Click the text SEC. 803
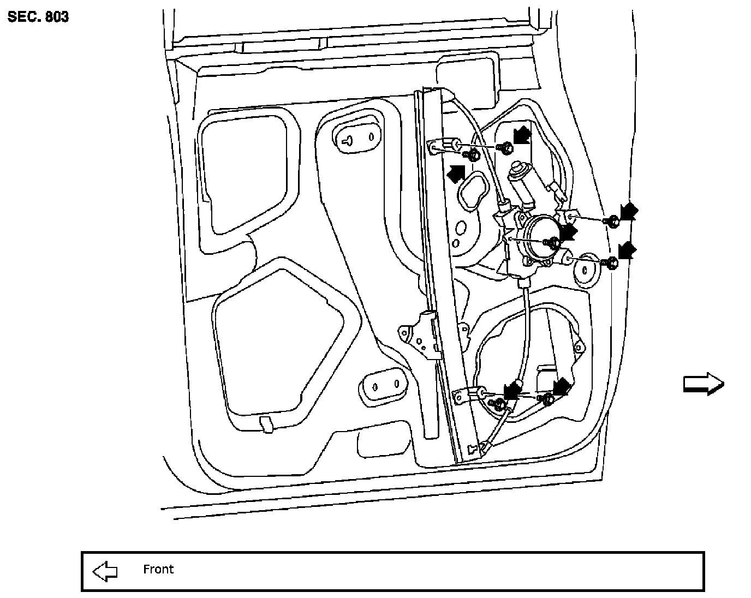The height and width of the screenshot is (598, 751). point(38,17)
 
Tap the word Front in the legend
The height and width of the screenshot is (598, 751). point(158,570)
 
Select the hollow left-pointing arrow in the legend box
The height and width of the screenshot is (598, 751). point(105,571)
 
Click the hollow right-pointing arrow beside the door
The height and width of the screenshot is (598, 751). point(704,384)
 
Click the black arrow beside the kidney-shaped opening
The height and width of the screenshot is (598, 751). point(456,174)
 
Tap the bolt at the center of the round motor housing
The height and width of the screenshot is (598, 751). point(552,242)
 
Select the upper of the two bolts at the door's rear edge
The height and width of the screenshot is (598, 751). point(612,221)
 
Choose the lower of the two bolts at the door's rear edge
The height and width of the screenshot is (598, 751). point(612,264)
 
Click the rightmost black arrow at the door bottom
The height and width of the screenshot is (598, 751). point(561,386)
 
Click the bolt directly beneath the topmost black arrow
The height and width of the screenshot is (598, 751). point(508,147)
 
